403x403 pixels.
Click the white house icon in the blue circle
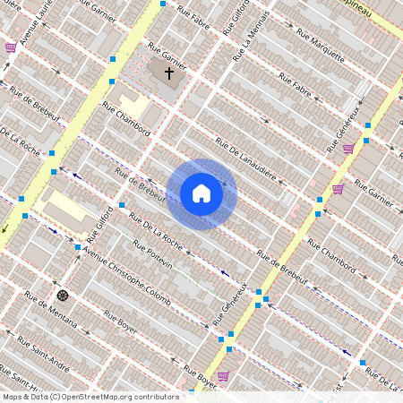coord(201,193)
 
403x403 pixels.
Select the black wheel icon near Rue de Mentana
coord(62,295)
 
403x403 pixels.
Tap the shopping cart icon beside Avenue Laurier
coord(11,47)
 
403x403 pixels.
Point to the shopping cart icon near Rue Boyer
coord(222,375)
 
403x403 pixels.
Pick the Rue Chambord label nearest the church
coord(126,118)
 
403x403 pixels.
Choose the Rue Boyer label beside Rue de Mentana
coord(119,322)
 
